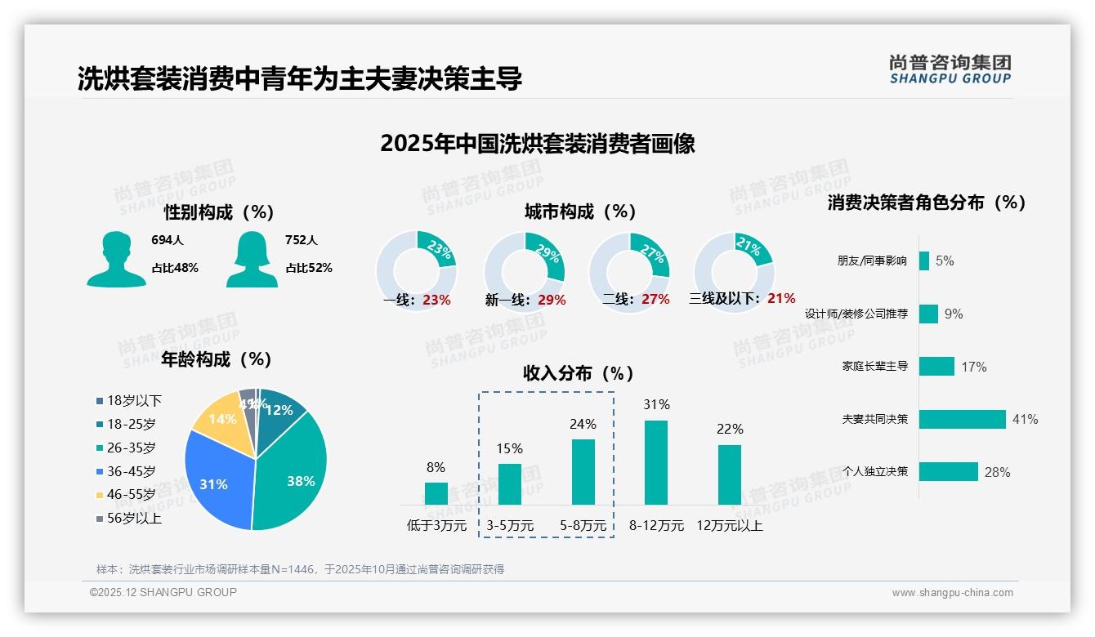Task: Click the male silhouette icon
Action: click(x=116, y=260)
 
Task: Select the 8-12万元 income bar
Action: click(x=656, y=462)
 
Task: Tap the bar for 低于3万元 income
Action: click(x=436, y=493)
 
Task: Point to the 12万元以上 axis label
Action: click(x=729, y=526)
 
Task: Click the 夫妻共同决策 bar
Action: click(x=962, y=419)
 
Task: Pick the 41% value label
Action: click(x=1025, y=419)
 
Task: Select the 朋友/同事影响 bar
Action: click(x=924, y=261)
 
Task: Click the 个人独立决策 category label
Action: click(x=875, y=472)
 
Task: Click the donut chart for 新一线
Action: click(x=524, y=270)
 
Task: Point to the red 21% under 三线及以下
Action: click(x=781, y=299)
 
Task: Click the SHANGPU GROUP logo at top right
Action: click(x=950, y=69)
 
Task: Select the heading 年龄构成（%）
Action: click(x=217, y=359)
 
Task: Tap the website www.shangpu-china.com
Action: click(x=952, y=593)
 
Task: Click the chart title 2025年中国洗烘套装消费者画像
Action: click(x=538, y=144)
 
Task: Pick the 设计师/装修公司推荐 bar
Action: click(x=928, y=314)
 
